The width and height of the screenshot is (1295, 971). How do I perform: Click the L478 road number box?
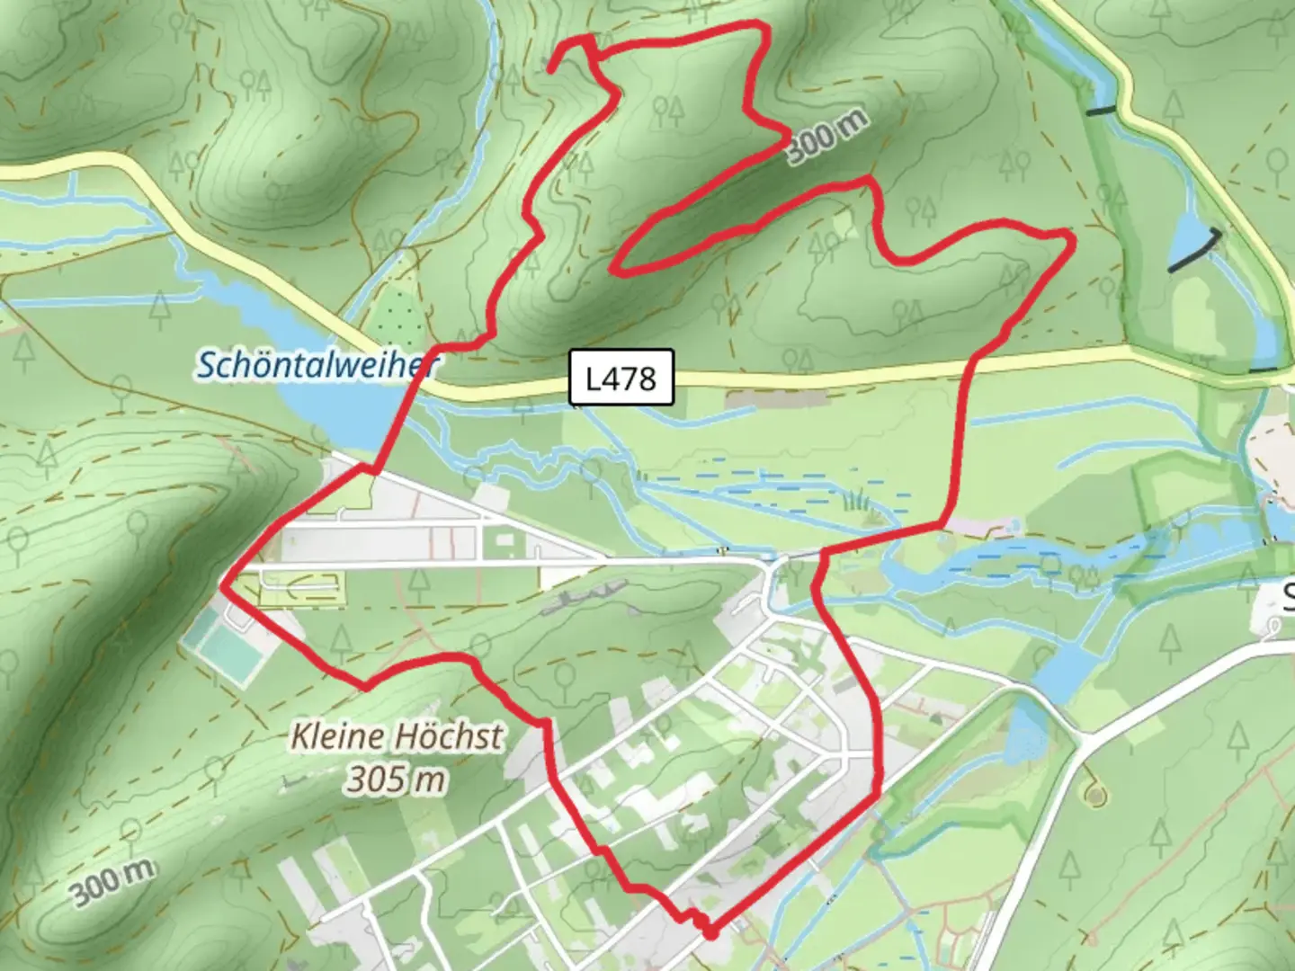[621, 377]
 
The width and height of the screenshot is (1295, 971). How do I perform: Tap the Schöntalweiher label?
[317, 365]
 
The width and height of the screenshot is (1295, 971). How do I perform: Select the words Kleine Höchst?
[397, 737]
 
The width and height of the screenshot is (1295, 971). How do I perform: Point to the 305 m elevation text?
[396, 779]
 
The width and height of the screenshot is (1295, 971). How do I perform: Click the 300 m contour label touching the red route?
[827, 137]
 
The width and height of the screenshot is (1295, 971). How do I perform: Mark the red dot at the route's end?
[710, 933]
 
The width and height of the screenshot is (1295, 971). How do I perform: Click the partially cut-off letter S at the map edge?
[1287, 596]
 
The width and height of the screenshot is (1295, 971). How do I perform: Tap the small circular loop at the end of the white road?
[1094, 795]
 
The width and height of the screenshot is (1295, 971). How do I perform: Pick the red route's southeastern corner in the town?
[878, 795]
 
